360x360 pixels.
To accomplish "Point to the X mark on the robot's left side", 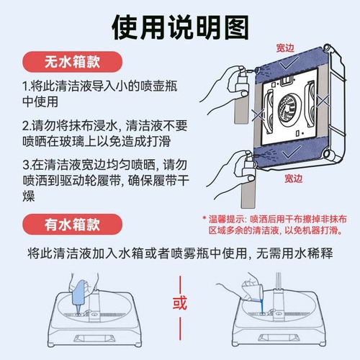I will click(258, 114).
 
